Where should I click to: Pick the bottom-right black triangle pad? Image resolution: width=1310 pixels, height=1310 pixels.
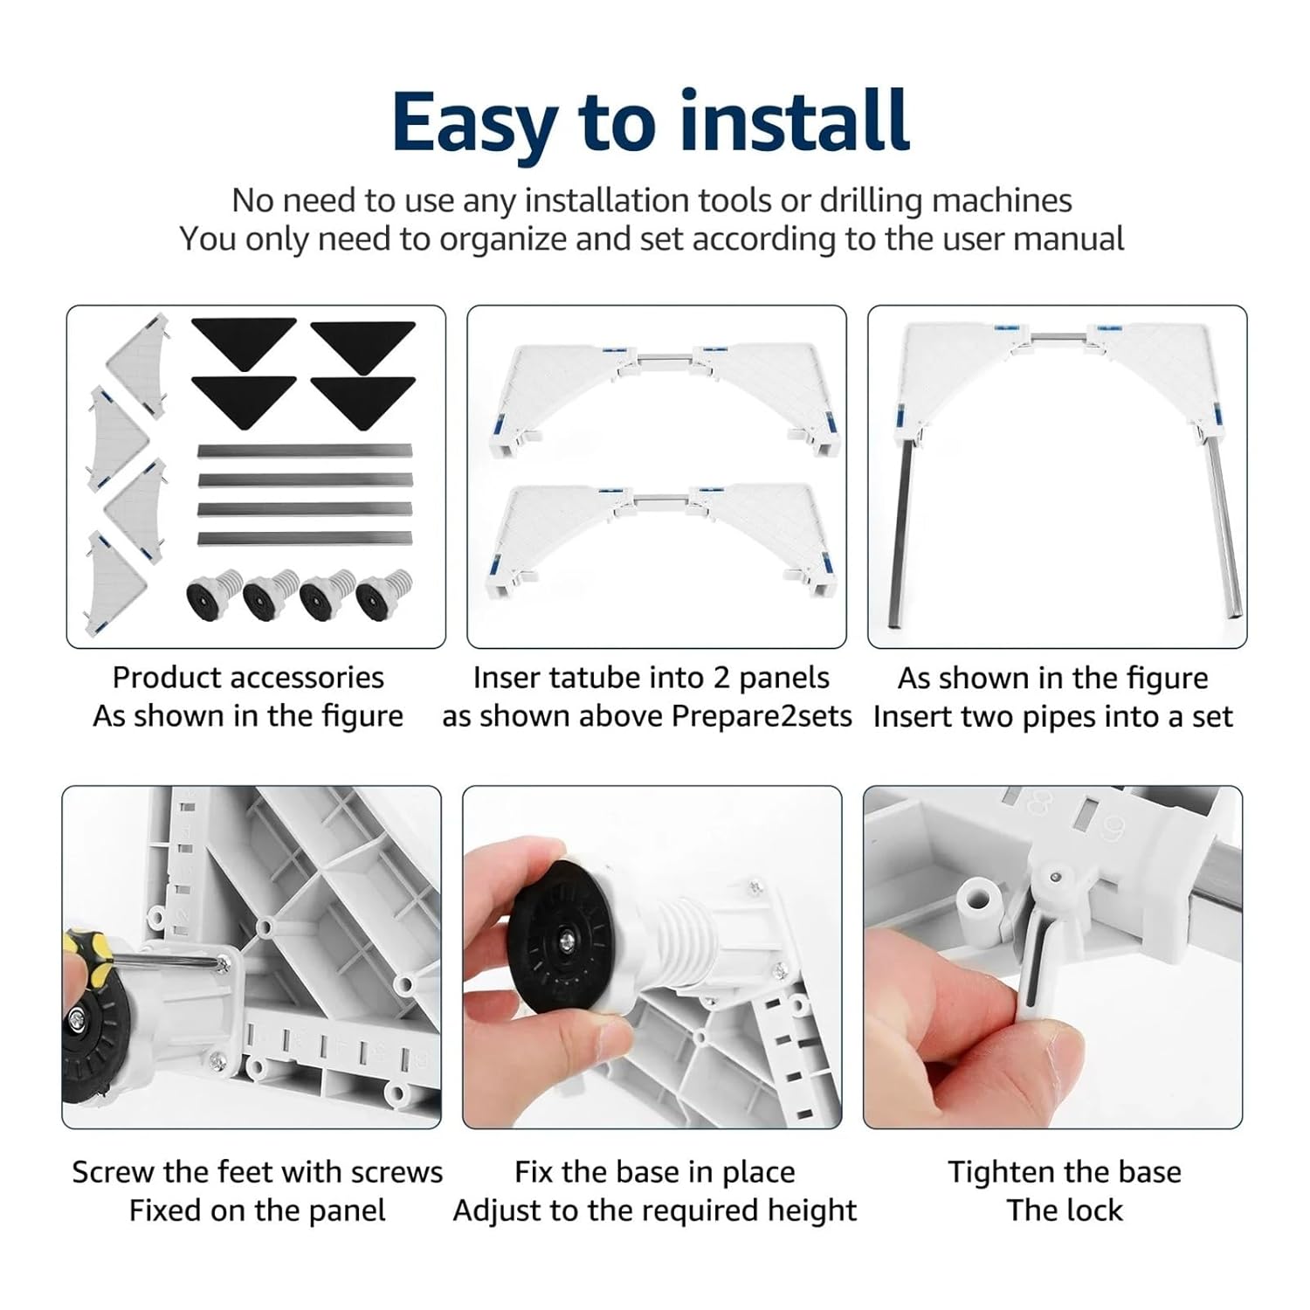coord(362,400)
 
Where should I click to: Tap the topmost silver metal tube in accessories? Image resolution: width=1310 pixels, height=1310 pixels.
coord(305,452)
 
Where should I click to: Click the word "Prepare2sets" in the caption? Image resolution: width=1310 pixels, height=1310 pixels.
coord(762,717)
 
